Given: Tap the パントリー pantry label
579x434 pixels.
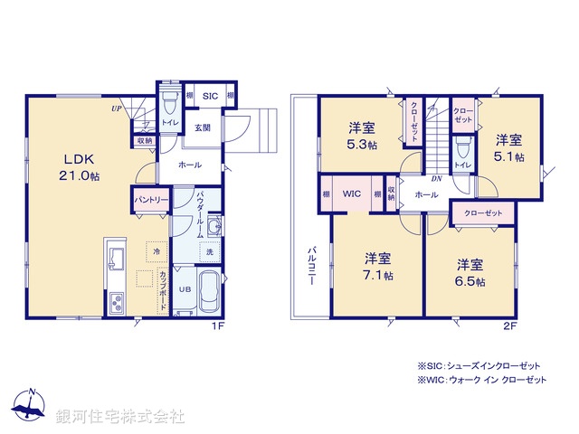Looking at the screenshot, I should tap(150, 200).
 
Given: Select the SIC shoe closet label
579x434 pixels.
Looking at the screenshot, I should tap(209, 96).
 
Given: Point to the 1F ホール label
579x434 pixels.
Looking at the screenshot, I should tap(190, 165).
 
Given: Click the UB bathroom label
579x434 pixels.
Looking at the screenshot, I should tap(183, 289).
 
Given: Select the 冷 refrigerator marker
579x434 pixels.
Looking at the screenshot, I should tap(158, 252).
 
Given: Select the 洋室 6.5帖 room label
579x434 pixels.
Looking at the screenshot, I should tap(469, 273).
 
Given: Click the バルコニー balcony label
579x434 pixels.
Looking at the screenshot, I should tap(309, 265).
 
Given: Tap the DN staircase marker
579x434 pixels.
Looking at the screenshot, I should tap(435, 178).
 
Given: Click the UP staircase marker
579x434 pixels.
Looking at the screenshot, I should tap(117, 108).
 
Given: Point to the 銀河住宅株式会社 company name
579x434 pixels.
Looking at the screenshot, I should tap(119, 417).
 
